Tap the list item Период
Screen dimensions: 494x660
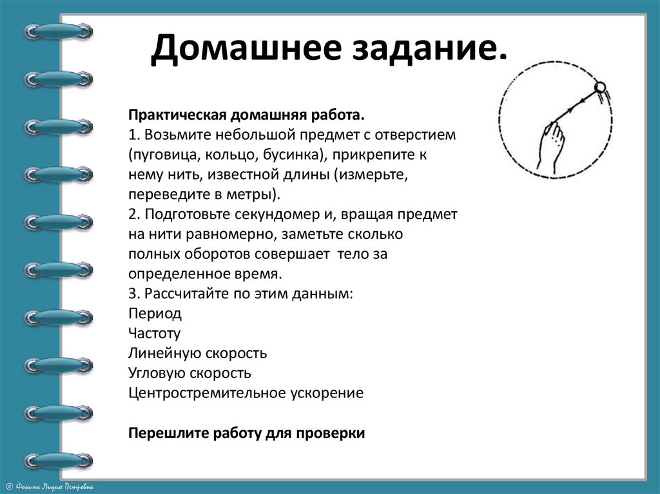point(155,314)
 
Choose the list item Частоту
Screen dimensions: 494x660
point(155,334)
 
